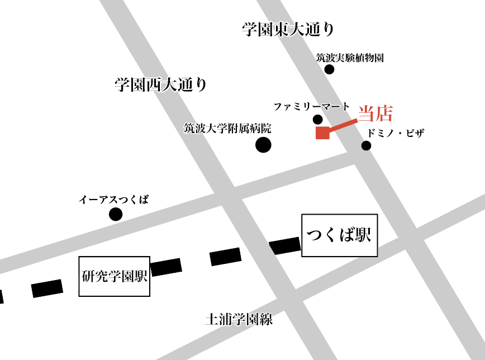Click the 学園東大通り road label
click(x=288, y=30)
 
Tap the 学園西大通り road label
click(x=160, y=85)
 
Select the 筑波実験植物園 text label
click(x=349, y=58)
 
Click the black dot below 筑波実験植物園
click(x=329, y=69)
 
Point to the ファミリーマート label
click(x=311, y=106)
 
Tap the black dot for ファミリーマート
click(x=317, y=119)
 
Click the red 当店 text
click(x=375, y=113)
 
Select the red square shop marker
click(x=322, y=132)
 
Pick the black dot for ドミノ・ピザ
click(x=366, y=146)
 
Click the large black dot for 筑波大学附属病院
click(x=263, y=145)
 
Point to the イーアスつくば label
click(x=113, y=200)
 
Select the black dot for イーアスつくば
click(x=116, y=214)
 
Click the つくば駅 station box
click(x=339, y=235)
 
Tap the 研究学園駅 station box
click(x=115, y=276)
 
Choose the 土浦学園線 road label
click(x=239, y=320)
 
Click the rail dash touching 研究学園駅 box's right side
click(x=166, y=267)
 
